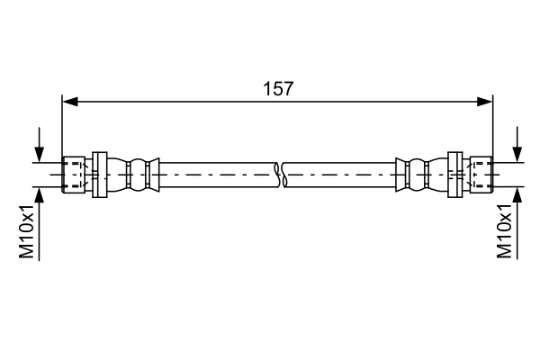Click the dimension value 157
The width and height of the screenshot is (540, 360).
point(278,88)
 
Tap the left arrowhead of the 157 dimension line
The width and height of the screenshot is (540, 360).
point(68,102)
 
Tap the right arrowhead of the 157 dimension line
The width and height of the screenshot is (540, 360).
point(487,102)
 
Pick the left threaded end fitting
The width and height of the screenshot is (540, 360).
point(74,175)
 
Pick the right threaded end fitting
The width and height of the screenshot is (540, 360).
point(481,175)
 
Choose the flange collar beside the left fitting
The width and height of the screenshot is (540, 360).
point(100,175)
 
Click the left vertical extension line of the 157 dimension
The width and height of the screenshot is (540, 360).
point(61,126)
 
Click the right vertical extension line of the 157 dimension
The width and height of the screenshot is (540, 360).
point(494,126)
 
